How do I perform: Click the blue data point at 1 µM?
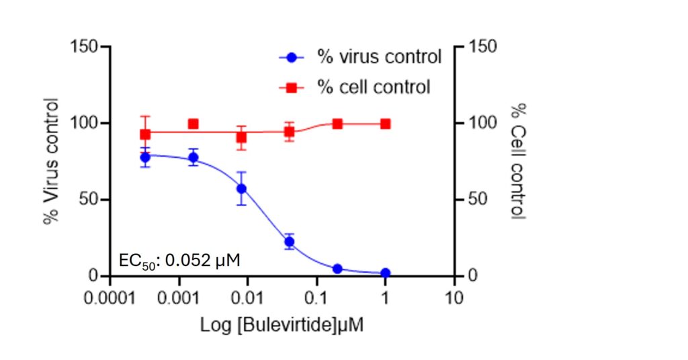pyautogui.click(x=385, y=273)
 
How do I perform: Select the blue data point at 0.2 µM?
pyautogui.click(x=337, y=269)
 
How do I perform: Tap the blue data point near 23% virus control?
pyautogui.click(x=290, y=242)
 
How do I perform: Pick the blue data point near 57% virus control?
pyautogui.click(x=241, y=189)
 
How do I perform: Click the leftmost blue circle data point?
pyautogui.click(x=145, y=158)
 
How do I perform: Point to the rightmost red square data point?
pyautogui.click(x=385, y=124)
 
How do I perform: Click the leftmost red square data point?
pyautogui.click(x=145, y=134)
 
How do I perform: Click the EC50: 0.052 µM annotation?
pyautogui.click(x=179, y=260)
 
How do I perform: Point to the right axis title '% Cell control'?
pyautogui.click(x=518, y=161)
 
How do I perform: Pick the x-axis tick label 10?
pyautogui.click(x=455, y=296)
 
